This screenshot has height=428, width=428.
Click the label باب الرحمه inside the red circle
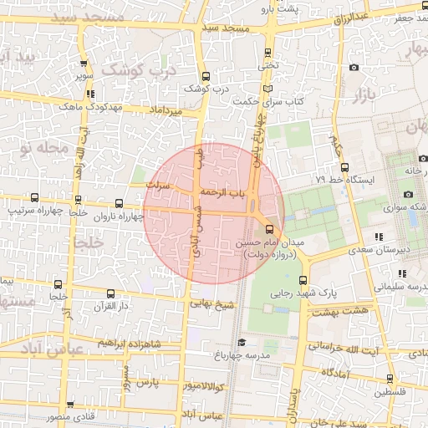242,193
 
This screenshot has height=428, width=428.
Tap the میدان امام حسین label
269,242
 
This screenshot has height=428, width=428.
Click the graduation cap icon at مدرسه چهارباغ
242,342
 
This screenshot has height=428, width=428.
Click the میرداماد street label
165,110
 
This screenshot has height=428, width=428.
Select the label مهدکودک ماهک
92,107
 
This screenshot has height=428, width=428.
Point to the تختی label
267,63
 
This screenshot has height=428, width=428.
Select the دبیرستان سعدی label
378,248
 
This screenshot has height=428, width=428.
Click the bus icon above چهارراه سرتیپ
34,198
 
